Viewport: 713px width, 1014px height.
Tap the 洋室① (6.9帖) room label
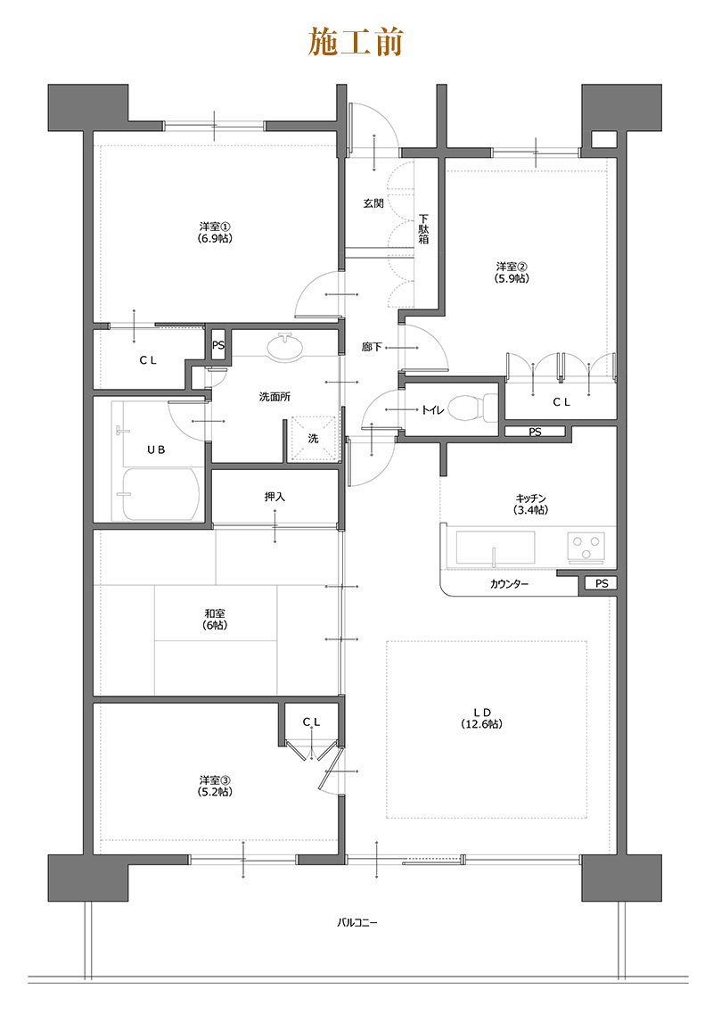click(216, 232)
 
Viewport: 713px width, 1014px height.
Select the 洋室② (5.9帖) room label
click(512, 272)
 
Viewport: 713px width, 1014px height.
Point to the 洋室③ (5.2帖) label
click(216, 786)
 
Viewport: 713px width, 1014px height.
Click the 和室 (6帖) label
click(216, 620)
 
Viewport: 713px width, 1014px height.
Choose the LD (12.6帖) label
click(481, 718)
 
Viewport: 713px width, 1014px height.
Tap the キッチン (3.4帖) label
click(530, 504)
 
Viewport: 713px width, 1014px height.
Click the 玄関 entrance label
click(373, 203)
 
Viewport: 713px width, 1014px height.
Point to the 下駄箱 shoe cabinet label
click(423, 228)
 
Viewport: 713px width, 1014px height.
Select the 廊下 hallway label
click(372, 347)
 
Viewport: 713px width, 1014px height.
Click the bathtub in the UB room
click(160, 493)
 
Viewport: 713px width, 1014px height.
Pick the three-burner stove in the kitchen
click(586, 547)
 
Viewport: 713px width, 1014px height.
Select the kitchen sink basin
click(496, 548)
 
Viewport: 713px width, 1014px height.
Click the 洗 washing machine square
click(313, 438)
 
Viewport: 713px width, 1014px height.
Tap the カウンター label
click(509, 584)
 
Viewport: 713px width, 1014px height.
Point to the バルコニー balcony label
click(356, 922)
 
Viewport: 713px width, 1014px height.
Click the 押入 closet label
click(275, 497)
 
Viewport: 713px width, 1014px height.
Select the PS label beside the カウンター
click(602, 583)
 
